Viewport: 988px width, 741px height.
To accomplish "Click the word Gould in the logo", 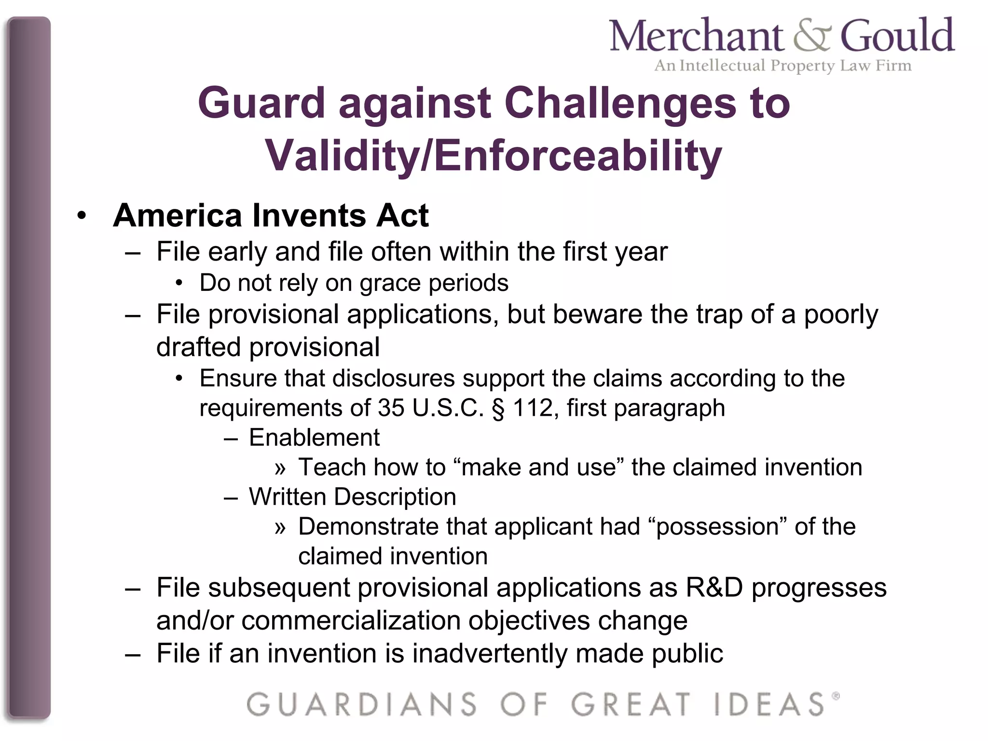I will [x=897, y=35].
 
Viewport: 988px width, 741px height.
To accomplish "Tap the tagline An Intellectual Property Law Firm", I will [x=782, y=65].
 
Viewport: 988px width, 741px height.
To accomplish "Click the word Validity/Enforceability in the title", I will [x=494, y=155].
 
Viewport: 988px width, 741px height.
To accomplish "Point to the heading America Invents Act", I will [x=271, y=215].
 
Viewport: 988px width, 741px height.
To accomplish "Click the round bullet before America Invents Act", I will [x=82, y=216].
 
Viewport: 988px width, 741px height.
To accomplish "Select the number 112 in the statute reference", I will [x=532, y=408].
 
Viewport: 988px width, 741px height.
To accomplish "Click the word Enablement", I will [x=314, y=438].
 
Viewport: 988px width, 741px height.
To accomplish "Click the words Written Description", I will [x=352, y=497].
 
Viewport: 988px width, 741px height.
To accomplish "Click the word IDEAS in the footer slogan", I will [x=769, y=705].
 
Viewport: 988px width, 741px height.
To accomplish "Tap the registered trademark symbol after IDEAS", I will [x=836, y=696].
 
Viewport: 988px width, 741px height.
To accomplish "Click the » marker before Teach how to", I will [x=280, y=468].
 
